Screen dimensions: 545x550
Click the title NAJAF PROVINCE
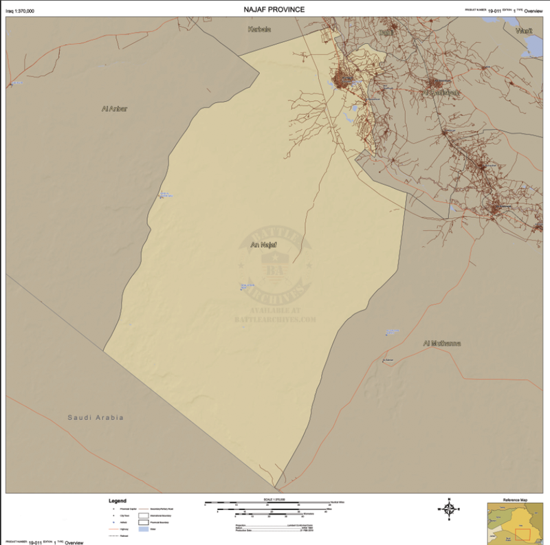click(x=274, y=10)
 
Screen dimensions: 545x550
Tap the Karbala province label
click(x=260, y=30)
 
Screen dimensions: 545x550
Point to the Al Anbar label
click(x=114, y=109)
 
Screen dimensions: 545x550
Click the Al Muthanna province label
click(x=441, y=343)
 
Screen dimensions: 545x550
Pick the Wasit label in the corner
click(x=524, y=31)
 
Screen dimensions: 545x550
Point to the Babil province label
click(x=387, y=32)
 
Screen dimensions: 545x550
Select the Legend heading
click(x=117, y=500)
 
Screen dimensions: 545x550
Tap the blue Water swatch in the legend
click(x=144, y=530)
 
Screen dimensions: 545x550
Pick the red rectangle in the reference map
click(x=524, y=533)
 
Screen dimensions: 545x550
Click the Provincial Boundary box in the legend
click(x=144, y=522)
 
